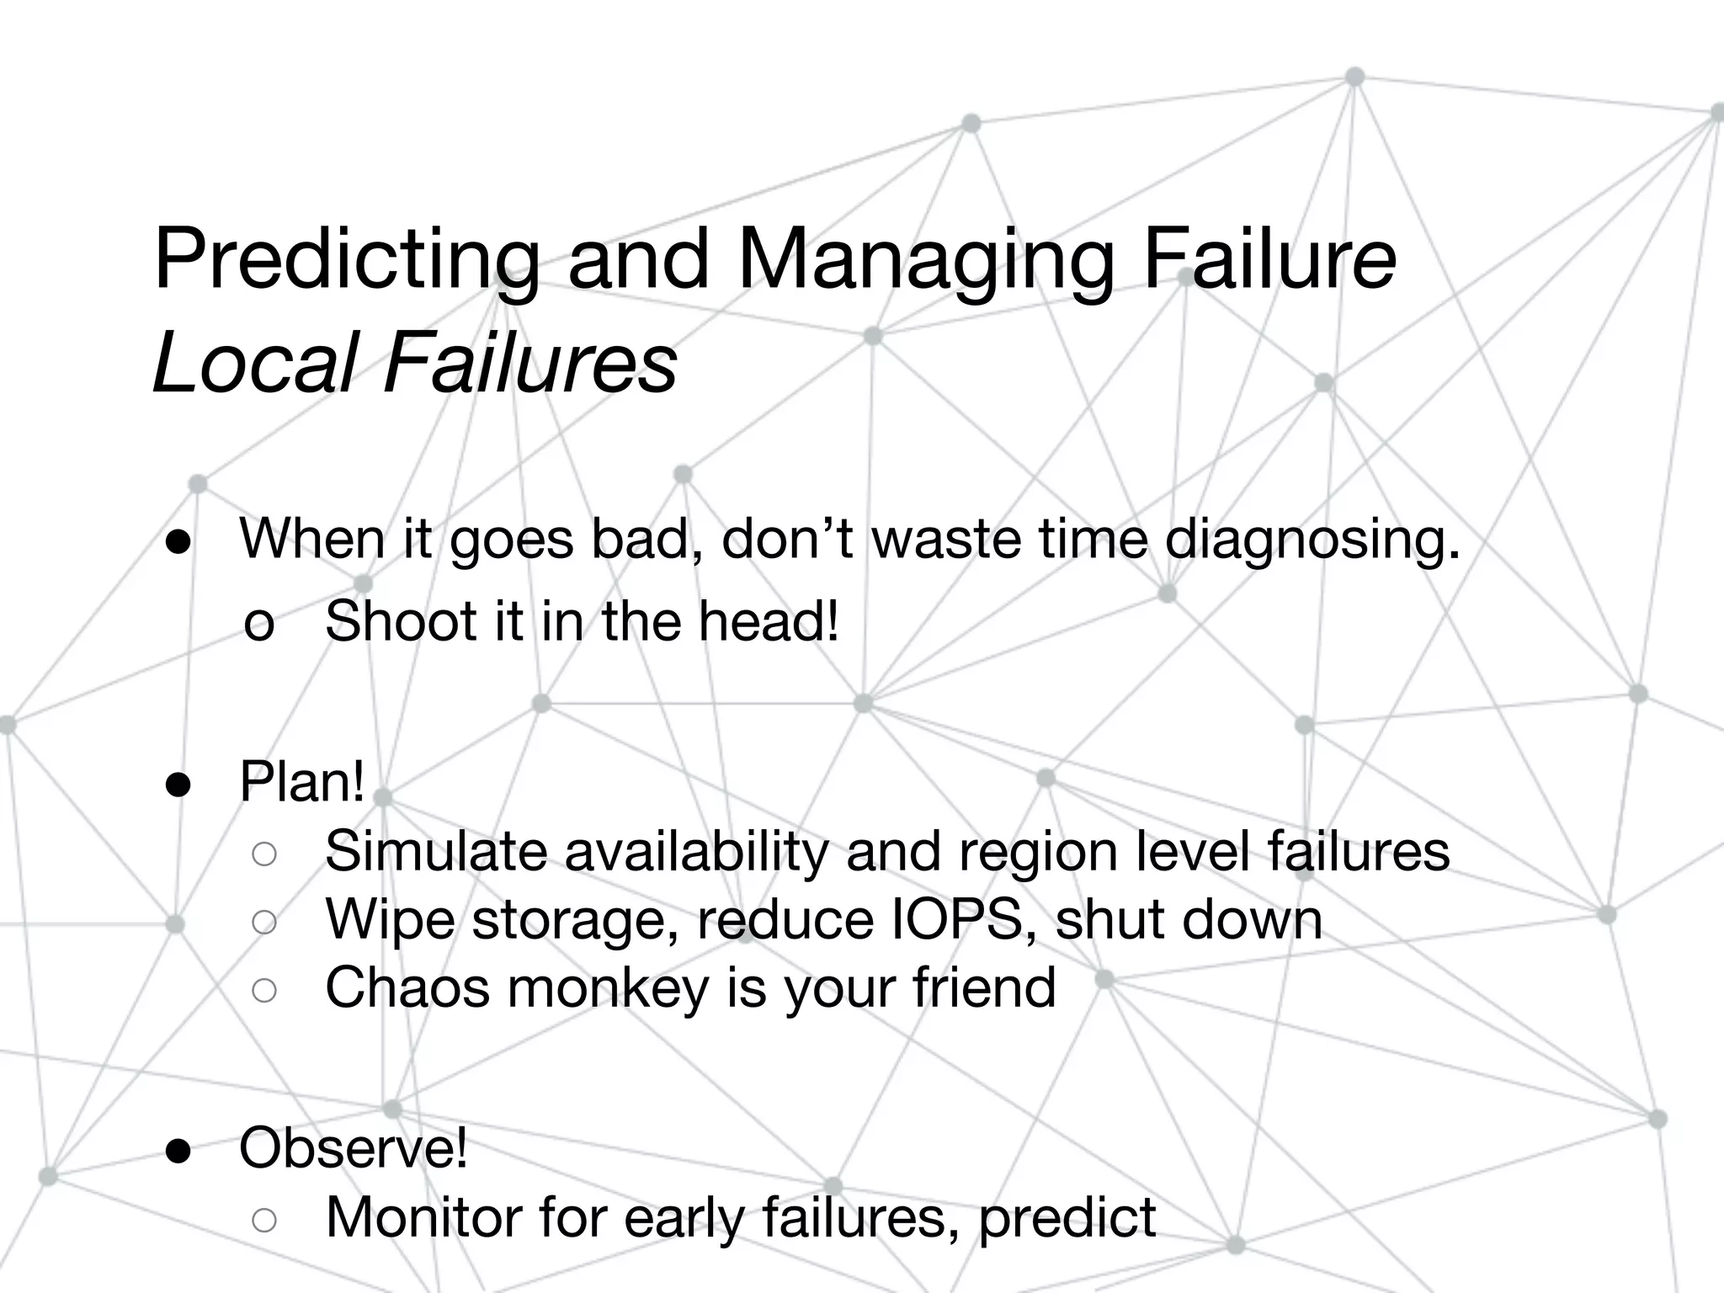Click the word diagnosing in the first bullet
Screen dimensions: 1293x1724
1312,540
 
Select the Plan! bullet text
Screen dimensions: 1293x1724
302,782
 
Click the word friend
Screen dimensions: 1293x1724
984,987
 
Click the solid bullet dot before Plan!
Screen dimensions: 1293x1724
179,785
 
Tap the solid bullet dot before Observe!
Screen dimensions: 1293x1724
179,1151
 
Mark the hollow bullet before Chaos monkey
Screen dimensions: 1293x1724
264,991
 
